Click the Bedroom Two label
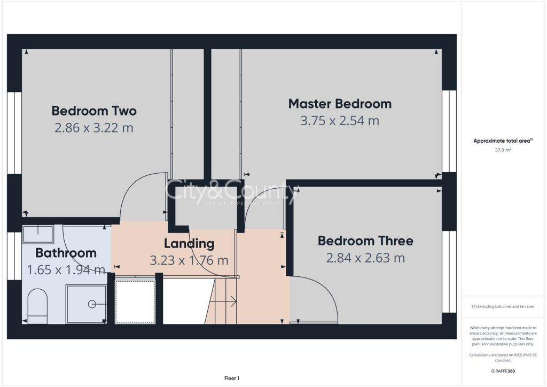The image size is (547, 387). coord(94,111)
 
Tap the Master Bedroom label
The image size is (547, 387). coord(340,104)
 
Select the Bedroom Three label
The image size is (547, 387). coord(365,241)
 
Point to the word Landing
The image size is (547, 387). coord(189,244)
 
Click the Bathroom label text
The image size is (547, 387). coord(66,253)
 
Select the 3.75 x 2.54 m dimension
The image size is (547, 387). coord(340,121)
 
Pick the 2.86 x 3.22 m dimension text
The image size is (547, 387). coord(94,128)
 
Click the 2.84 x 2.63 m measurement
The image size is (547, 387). coord(365,258)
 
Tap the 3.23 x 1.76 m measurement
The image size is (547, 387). coord(189,261)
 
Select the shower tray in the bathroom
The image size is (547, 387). coord(86,304)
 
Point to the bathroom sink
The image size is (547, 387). coord(38,235)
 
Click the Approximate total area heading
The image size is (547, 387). coord(503,141)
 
